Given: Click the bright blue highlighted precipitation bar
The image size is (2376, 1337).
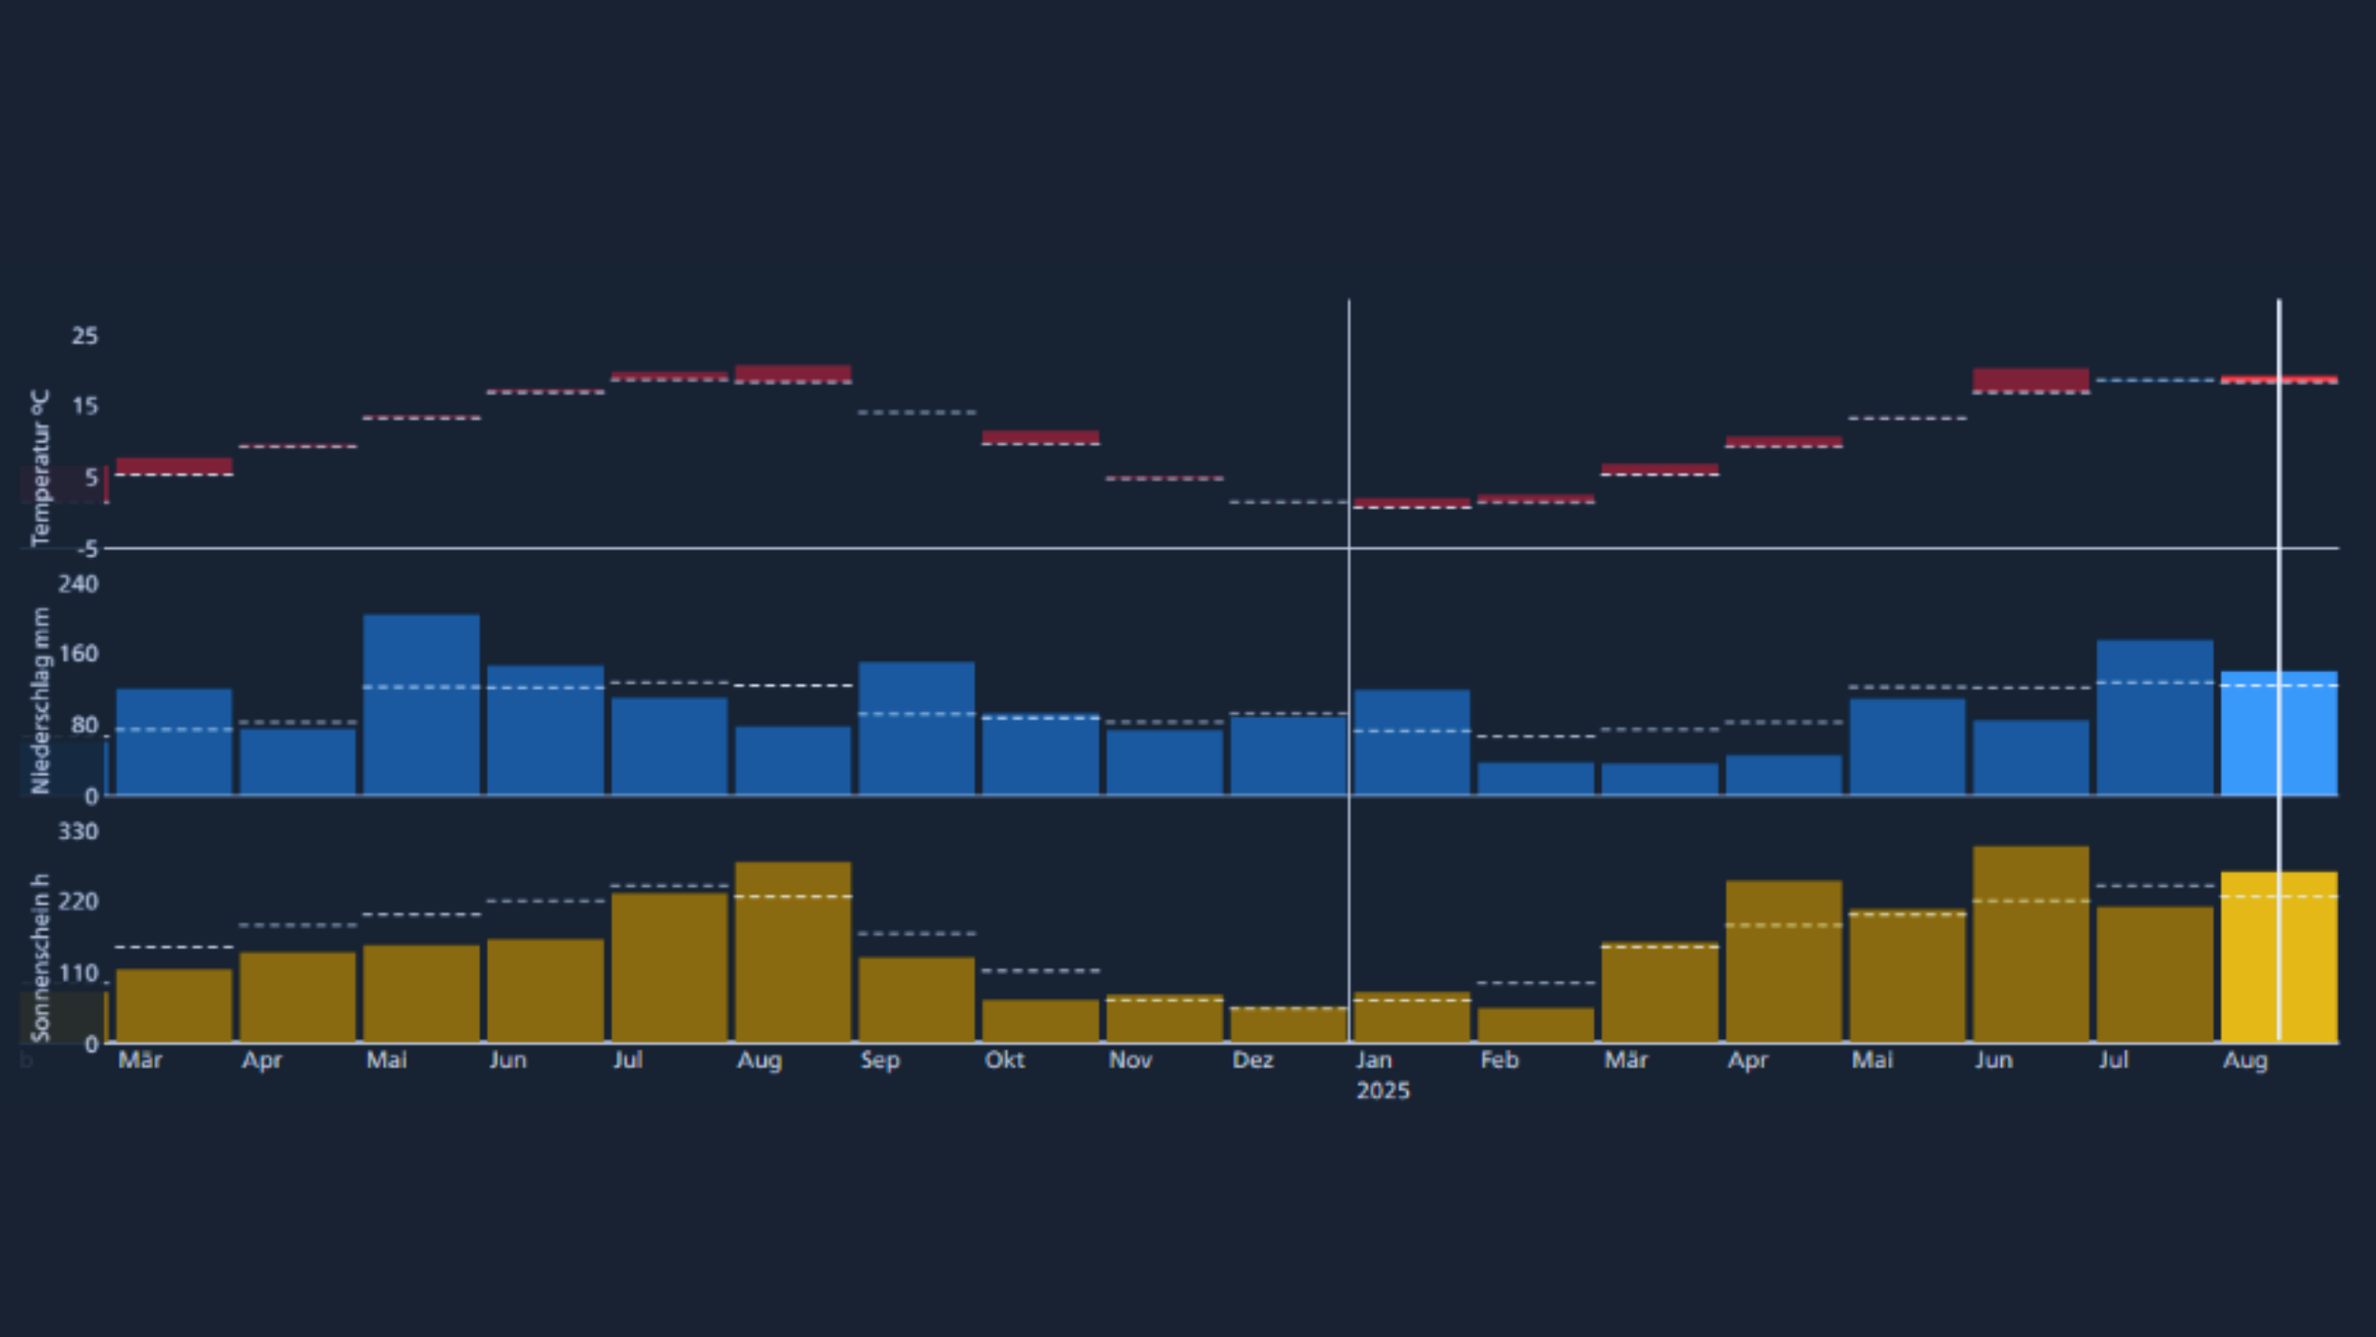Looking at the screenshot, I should coord(2279,733).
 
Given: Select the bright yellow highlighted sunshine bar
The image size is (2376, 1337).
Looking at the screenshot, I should coord(2279,956).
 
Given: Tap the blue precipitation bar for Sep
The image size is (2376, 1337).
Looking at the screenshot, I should coord(916,729).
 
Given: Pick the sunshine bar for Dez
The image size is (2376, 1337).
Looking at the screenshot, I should coord(1288,1025).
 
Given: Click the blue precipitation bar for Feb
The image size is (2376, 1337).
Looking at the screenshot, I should coord(1535,779).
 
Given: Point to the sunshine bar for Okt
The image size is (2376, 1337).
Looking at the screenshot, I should coord(1040,1021).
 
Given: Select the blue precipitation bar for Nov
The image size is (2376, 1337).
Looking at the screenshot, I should coord(1164,762).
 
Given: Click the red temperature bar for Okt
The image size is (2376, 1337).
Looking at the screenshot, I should coord(1040,437).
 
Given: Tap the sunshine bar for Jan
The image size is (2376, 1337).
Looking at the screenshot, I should coord(1412,1018).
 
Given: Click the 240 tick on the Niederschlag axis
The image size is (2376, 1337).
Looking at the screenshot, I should coord(79,584).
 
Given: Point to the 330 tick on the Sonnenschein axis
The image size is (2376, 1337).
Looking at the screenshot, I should coord(79,831).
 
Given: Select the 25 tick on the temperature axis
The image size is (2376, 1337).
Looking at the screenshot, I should coord(84,336).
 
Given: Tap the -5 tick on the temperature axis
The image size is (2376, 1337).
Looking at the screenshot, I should coord(87,550).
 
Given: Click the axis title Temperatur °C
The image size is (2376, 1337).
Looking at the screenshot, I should coord(39,468).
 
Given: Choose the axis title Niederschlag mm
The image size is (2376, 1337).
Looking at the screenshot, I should coord(39,700).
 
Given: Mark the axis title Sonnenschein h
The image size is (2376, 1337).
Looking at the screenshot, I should coord(39,956).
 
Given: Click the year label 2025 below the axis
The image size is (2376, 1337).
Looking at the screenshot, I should coord(1382,1091).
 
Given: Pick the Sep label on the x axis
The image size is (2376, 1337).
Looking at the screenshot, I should coord(880,1060).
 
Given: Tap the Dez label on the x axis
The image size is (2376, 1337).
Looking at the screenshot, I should coord(1252,1060).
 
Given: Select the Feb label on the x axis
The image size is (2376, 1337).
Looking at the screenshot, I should coord(1499,1060).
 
